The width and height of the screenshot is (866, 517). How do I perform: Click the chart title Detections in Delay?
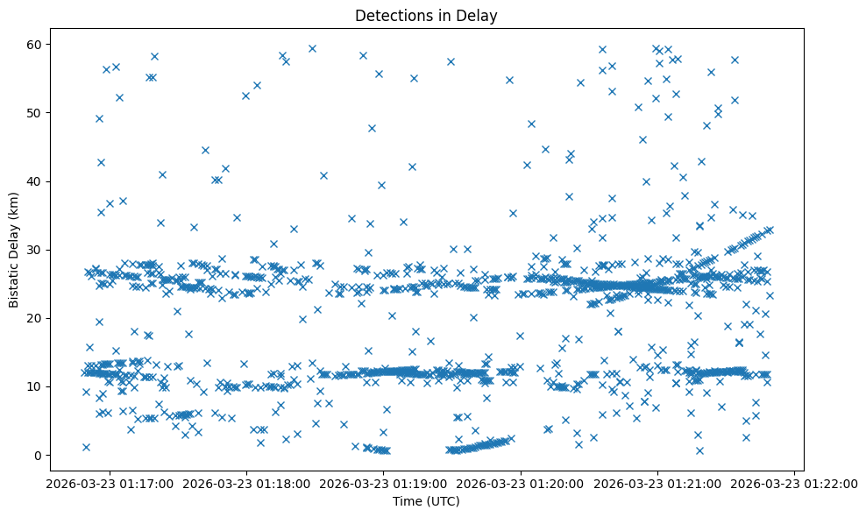pyautogui.click(x=425, y=16)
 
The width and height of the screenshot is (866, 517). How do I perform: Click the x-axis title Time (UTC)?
pyautogui.click(x=425, y=502)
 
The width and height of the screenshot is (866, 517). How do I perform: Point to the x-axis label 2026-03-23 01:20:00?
pyautogui.click(x=520, y=483)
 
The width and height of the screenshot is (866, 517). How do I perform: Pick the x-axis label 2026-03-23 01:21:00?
pyautogui.click(x=657, y=483)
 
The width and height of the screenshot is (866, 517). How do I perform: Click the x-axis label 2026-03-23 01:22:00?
pyautogui.click(x=795, y=483)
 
